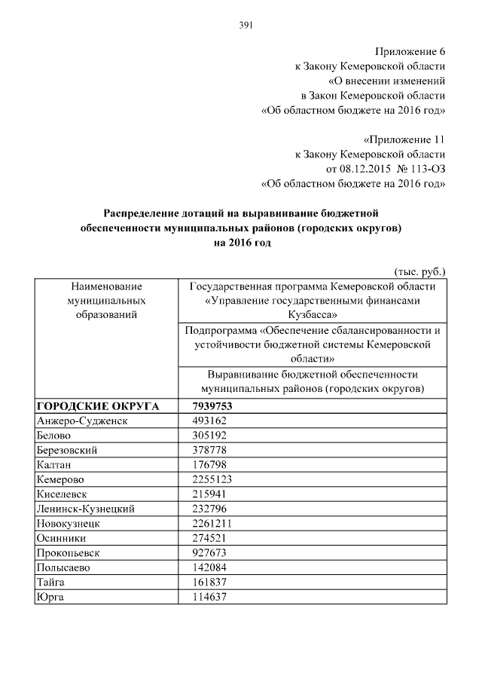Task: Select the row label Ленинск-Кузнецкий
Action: click(85, 509)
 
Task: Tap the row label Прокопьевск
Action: click(68, 552)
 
